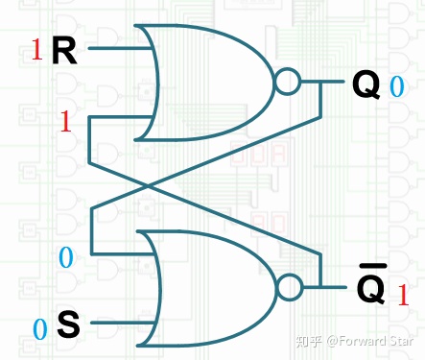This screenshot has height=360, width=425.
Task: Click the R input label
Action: [64, 52]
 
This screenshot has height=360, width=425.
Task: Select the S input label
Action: [68, 324]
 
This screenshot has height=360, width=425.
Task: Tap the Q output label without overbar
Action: [366, 85]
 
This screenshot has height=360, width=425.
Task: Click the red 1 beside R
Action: [36, 51]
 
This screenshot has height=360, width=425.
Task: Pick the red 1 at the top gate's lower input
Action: [65, 122]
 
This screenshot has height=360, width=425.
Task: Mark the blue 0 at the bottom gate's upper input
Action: [65, 256]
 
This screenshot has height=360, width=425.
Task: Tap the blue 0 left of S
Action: [40, 329]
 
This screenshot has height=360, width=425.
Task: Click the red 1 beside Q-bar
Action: [404, 294]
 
